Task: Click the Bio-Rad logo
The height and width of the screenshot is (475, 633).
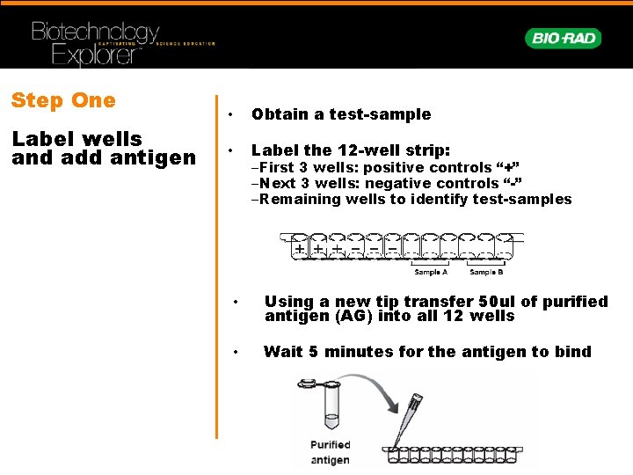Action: [564, 38]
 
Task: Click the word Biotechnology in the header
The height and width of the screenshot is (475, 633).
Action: [95, 33]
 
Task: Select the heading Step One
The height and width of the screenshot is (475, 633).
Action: [63, 100]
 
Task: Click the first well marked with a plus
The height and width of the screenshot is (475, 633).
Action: [301, 249]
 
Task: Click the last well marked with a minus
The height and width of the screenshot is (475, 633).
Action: [392, 249]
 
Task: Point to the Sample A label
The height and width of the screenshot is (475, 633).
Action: [432, 272]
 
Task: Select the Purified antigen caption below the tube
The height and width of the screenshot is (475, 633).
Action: [331, 452]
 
